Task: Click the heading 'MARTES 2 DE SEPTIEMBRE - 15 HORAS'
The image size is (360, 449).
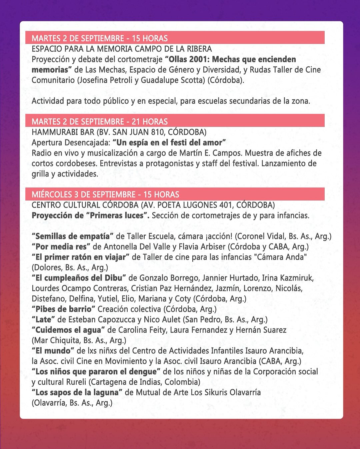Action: click(x=100, y=38)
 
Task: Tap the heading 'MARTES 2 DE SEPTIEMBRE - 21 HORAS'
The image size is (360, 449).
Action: click(x=100, y=121)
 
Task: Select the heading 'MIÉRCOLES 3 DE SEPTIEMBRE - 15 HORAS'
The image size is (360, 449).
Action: click(x=105, y=195)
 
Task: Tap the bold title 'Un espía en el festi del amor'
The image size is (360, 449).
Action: click(x=169, y=143)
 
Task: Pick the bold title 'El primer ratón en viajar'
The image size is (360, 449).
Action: click(x=81, y=257)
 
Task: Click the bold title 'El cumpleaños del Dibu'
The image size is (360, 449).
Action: click(x=79, y=278)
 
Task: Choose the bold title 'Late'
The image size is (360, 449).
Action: click(x=43, y=319)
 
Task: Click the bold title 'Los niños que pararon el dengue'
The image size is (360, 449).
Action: click(x=96, y=371)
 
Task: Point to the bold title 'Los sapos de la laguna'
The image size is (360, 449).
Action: click(x=77, y=392)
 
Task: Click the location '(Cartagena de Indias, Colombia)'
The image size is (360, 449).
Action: click(x=145, y=382)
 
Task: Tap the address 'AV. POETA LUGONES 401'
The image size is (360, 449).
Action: click(x=185, y=205)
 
